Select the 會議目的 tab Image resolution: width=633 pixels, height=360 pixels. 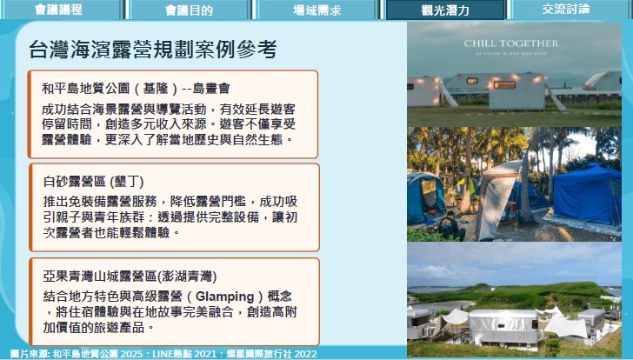(189, 10)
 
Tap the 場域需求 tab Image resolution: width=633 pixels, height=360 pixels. (317, 10)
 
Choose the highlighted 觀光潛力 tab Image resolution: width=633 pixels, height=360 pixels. (445, 10)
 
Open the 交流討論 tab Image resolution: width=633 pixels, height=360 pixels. (566, 9)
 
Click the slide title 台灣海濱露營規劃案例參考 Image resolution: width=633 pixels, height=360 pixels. (153, 50)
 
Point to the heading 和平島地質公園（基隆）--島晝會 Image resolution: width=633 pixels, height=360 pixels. (136, 88)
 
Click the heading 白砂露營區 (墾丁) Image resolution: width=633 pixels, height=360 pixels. (93, 182)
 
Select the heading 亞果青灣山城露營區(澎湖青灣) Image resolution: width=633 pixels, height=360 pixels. (130, 277)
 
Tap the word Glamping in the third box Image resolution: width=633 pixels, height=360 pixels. (225, 297)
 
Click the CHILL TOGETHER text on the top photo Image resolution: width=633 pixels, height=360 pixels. (511, 43)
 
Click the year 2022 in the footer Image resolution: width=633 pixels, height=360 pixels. (305, 354)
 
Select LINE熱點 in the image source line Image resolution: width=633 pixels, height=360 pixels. (172, 354)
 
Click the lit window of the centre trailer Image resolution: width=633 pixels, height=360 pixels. (504, 84)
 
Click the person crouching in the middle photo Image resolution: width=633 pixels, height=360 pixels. (449, 226)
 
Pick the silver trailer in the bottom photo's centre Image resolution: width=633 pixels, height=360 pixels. (503, 326)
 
